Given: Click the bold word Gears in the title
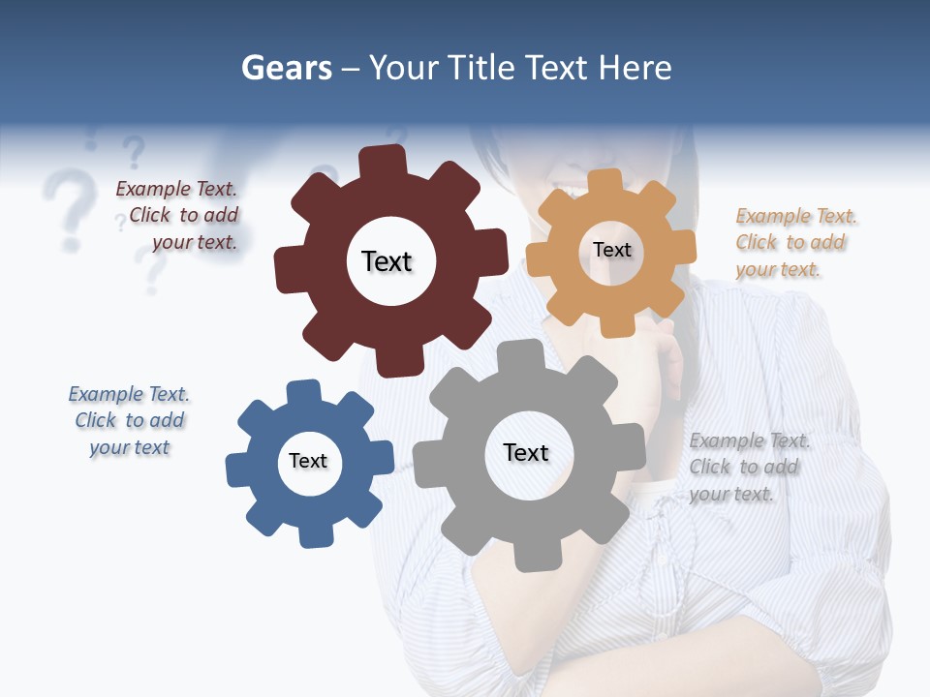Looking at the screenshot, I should click(287, 68).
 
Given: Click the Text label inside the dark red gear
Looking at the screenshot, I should click(387, 261).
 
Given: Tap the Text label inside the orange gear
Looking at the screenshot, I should click(611, 250).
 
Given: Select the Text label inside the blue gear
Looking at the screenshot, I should click(308, 461).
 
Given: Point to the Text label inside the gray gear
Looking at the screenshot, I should click(526, 452).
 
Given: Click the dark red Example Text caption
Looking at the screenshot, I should click(178, 216).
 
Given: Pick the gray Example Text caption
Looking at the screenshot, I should click(748, 467).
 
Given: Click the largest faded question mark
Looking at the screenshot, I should click(66, 205).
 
